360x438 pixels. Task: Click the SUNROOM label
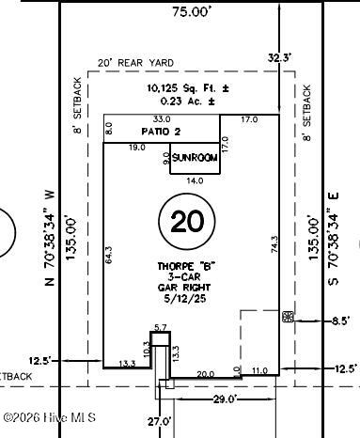(x=195, y=159)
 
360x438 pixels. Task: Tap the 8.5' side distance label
(x=340, y=321)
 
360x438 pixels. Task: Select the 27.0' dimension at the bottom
(x=160, y=421)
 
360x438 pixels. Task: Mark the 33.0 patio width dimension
(x=163, y=119)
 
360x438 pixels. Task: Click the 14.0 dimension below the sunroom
(x=195, y=180)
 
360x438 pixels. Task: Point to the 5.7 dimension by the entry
(x=160, y=326)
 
